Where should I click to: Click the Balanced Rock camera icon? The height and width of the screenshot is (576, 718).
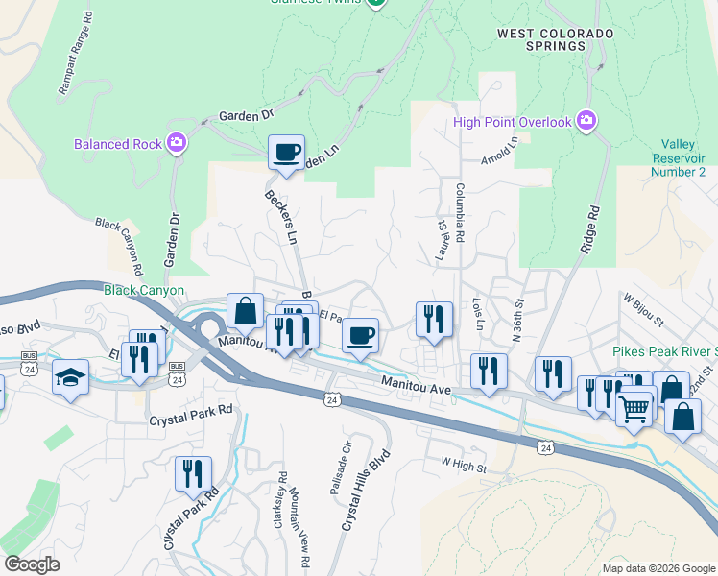tap(176, 144)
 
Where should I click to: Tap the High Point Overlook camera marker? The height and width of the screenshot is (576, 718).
tap(586, 122)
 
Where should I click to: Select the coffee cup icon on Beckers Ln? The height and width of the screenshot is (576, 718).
tap(286, 153)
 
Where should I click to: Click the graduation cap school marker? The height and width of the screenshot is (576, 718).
tap(70, 377)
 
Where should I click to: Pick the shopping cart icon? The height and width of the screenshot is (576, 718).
tap(634, 410)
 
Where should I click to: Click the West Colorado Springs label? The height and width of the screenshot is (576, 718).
tap(555, 40)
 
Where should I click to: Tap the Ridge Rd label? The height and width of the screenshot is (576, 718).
tap(589, 228)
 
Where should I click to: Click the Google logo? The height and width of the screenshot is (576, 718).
tap(32, 564)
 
